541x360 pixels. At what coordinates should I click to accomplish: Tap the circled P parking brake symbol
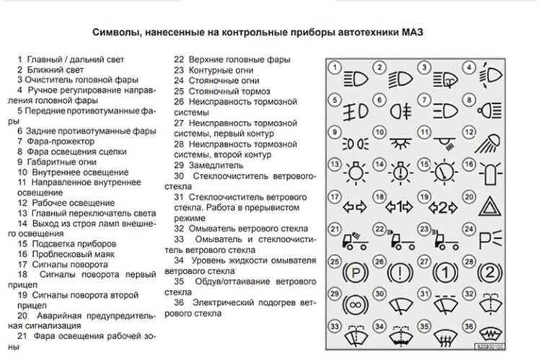pos(355,275)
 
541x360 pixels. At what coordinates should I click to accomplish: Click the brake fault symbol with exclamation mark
pos(400,275)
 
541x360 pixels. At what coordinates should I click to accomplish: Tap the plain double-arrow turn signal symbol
pos(355,207)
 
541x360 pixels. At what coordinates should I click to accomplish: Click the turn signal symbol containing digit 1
pos(399,207)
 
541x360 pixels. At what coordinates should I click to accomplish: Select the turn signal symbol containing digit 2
pos(444,207)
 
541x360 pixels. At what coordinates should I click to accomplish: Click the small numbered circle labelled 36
pos(470,325)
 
